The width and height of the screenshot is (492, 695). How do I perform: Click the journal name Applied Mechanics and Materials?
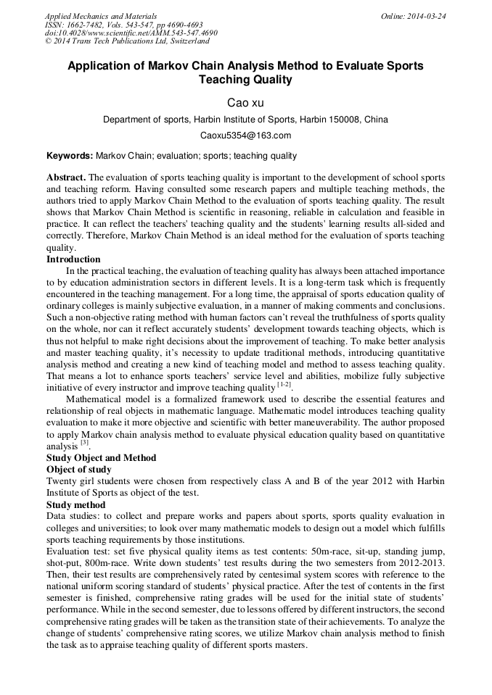pos(100,16)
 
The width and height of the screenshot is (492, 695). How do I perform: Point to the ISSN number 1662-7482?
pos(84,25)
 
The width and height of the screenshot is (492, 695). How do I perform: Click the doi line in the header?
pos(131,33)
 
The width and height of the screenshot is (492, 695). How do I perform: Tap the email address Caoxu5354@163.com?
pos(245,136)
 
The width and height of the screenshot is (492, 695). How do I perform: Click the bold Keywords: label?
pos(70,156)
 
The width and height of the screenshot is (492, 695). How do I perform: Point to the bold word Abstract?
pos(66,178)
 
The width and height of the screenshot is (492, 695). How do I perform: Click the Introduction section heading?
pos(73,259)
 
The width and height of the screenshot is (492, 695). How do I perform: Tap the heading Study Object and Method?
pos(101,458)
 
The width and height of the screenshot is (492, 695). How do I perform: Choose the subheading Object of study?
pos(79,470)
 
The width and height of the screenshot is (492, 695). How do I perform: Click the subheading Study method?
pos(75,504)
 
